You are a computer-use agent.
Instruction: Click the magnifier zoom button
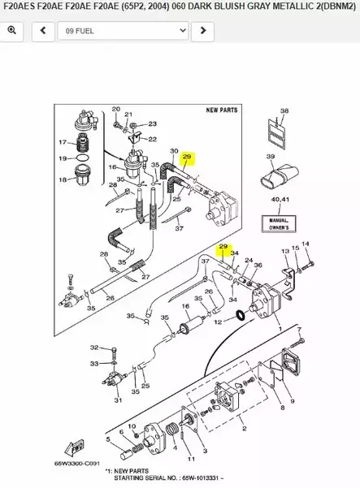[x=12, y=31]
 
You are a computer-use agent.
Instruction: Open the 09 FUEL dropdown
[x=123, y=31]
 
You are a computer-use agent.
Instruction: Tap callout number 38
[x=284, y=110]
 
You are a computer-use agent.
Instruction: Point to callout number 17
[x=62, y=143]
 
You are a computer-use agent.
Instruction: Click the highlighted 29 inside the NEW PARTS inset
[x=186, y=157]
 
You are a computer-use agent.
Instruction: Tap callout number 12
[x=218, y=322]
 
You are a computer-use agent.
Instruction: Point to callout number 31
[x=118, y=400]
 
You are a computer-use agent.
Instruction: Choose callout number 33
[x=93, y=364]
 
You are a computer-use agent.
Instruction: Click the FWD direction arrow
[x=77, y=447]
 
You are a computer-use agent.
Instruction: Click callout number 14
[x=306, y=244]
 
